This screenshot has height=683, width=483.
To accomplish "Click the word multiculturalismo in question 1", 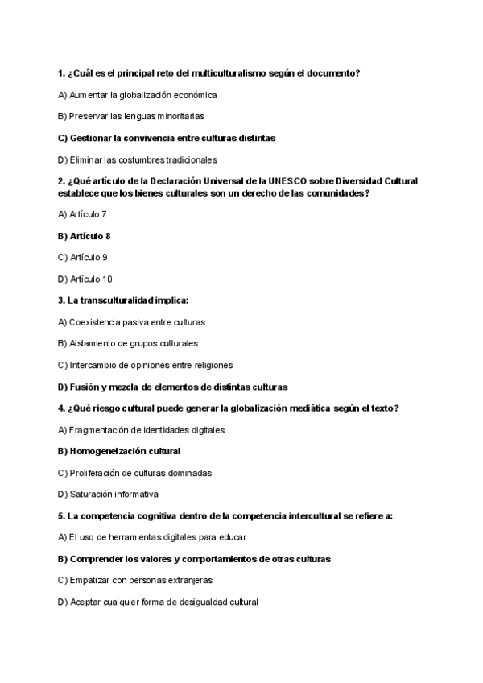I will [x=218, y=73].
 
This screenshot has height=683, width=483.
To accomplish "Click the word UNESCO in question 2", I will [x=288, y=181].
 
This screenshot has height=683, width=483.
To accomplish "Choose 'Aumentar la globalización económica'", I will [x=137, y=95].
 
